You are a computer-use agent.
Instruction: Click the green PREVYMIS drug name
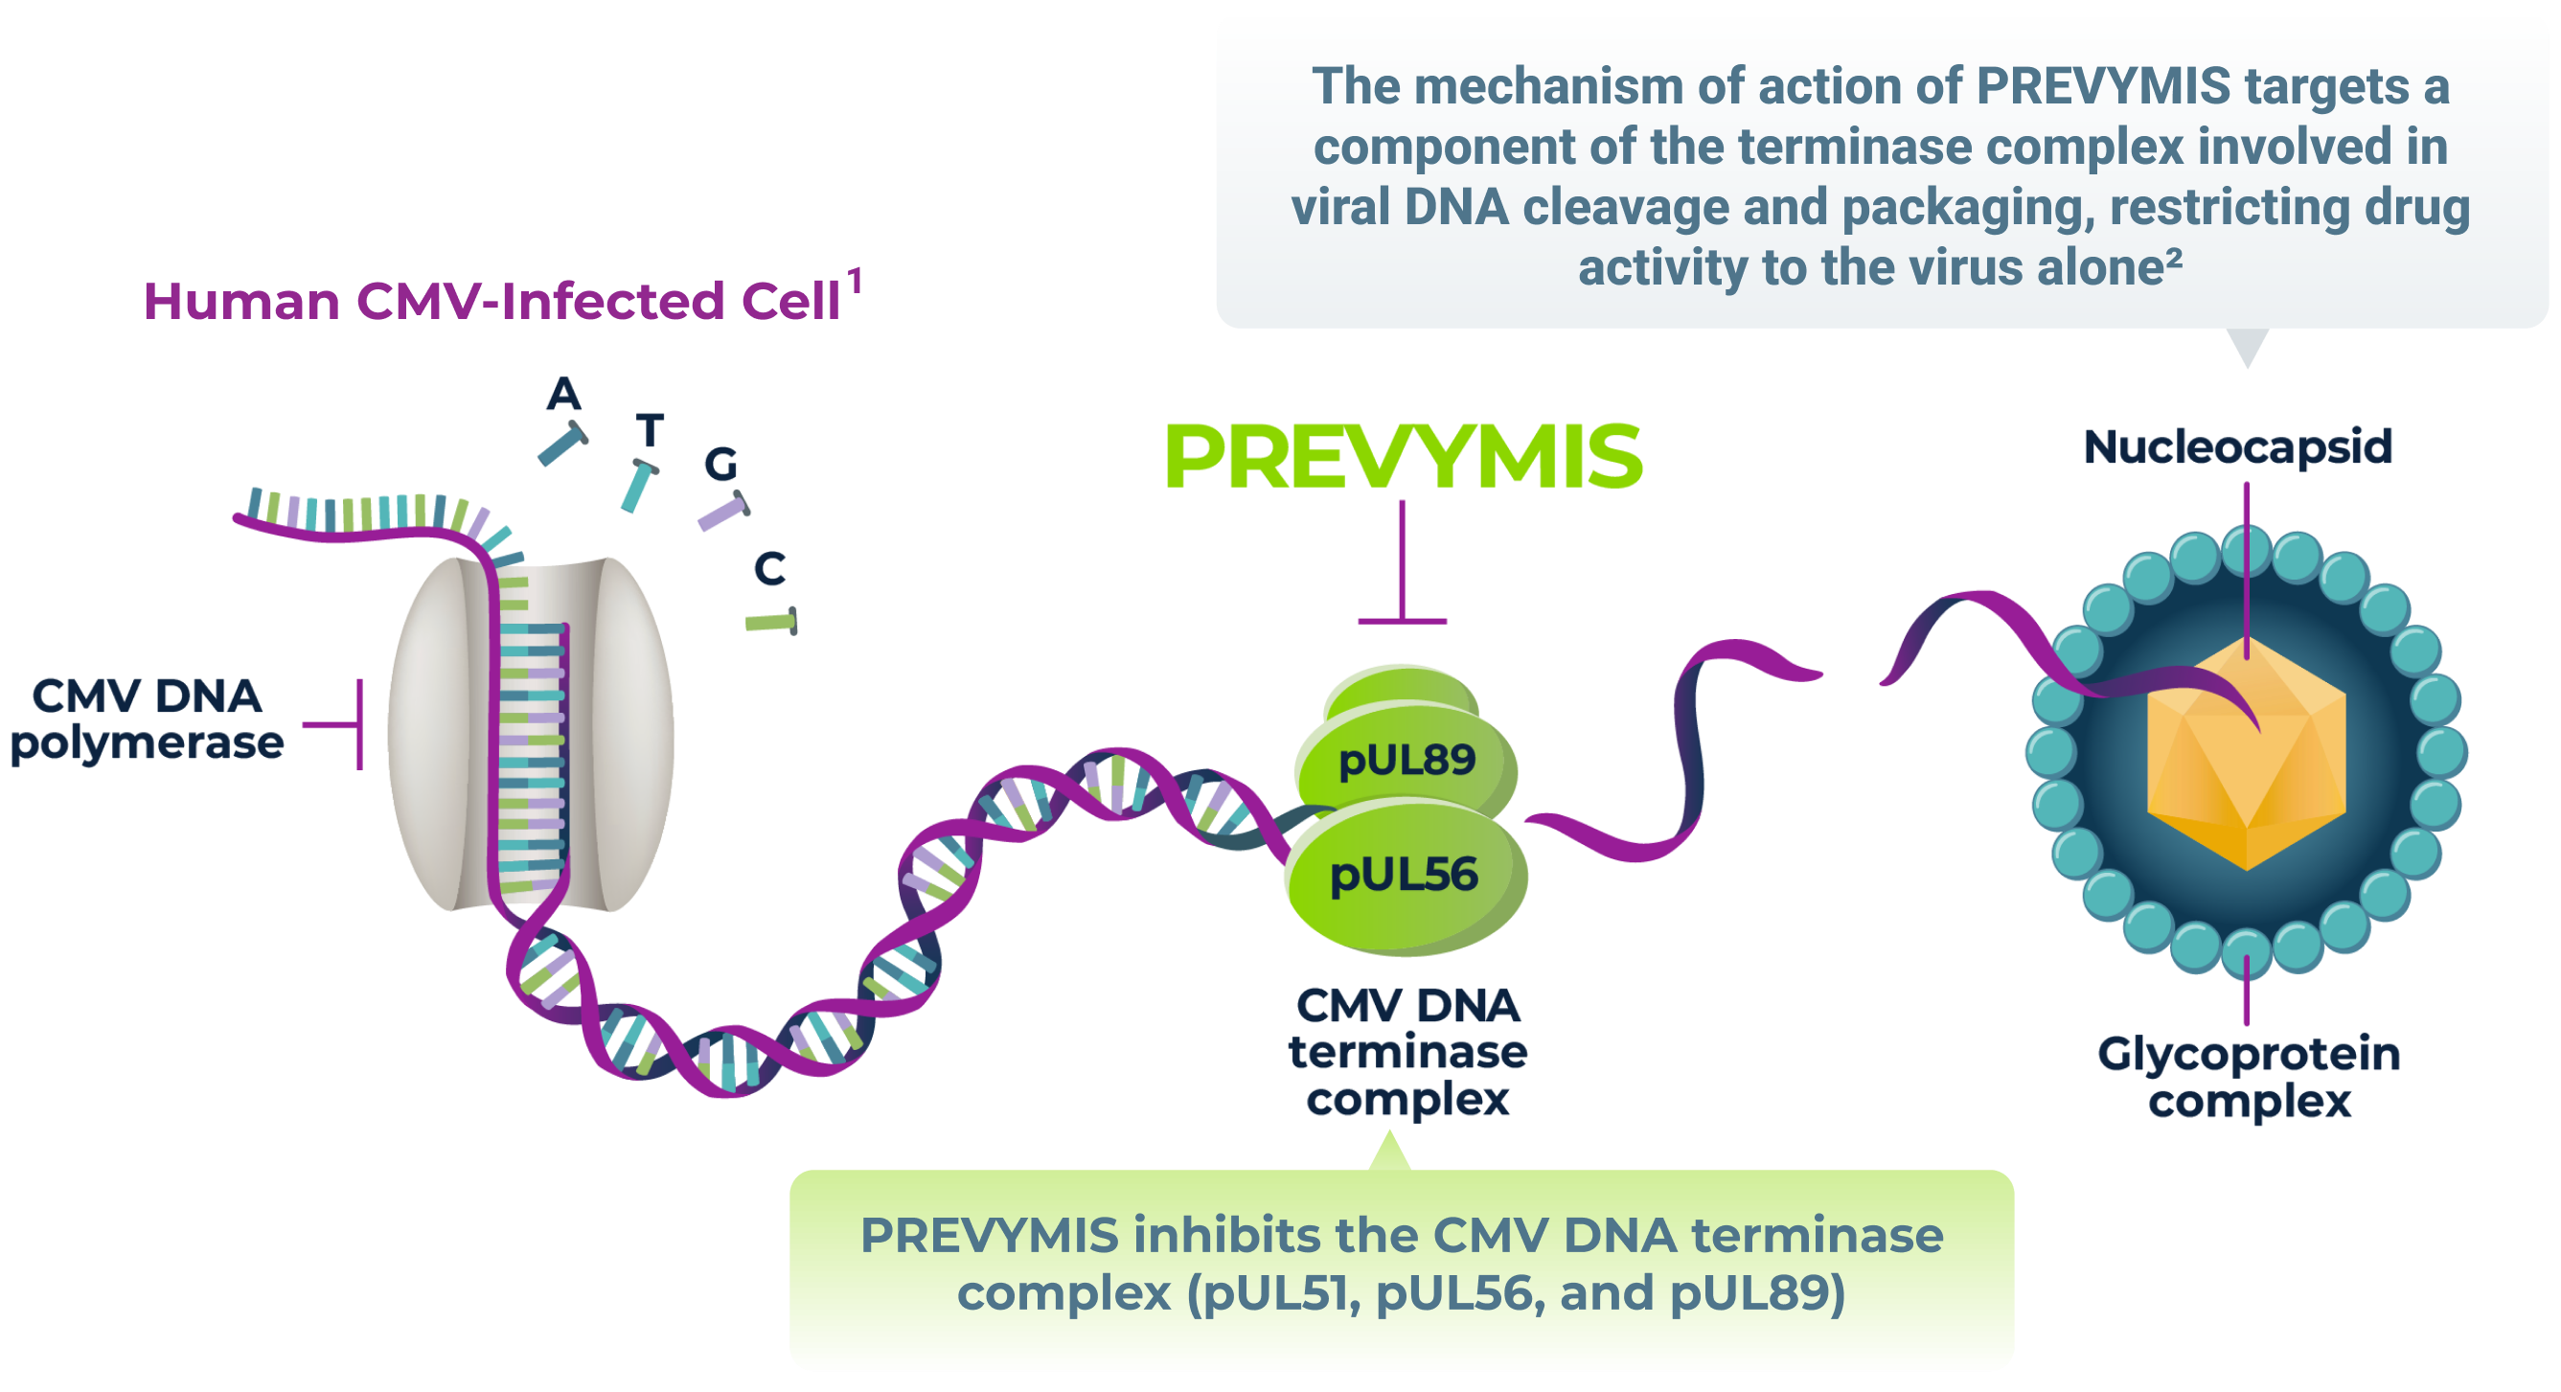point(1403,457)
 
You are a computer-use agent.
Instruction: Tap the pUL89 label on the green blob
point(1406,761)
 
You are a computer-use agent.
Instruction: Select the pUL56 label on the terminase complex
point(1404,875)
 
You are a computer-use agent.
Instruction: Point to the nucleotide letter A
point(563,395)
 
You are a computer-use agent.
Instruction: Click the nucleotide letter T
point(651,431)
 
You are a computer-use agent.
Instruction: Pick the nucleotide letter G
point(720,465)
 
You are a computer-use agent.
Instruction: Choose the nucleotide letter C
point(769,570)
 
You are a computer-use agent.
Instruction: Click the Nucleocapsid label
point(2238,447)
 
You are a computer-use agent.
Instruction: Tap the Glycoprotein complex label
point(2249,1078)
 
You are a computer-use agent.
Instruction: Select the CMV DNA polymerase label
point(148,719)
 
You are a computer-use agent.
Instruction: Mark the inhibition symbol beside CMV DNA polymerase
point(338,725)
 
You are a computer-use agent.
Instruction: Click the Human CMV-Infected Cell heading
point(492,301)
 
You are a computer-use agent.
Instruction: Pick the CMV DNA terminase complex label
point(1407,1052)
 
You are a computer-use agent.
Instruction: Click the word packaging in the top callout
point(1968,209)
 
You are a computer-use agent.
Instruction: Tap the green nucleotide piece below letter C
point(771,623)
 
